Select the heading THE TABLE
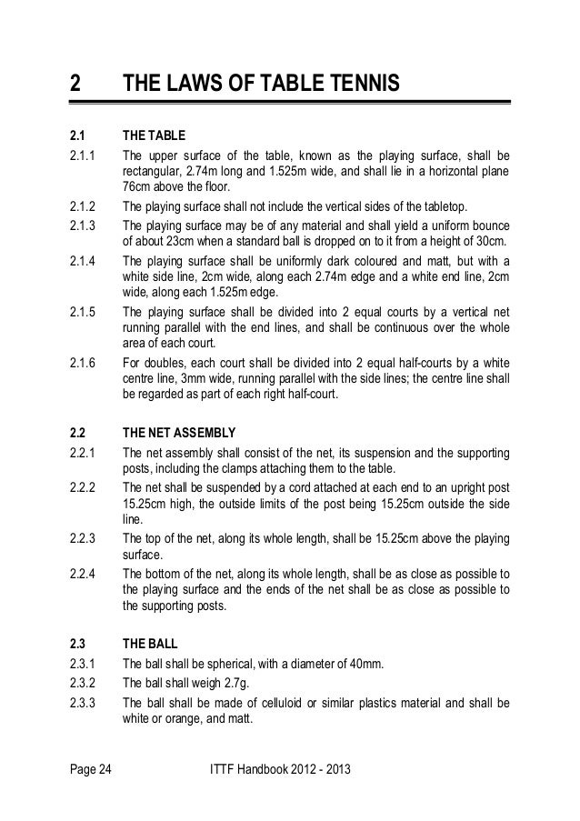coord(154,136)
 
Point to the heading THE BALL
coord(149,642)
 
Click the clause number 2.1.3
coord(82,224)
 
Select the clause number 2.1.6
coord(82,364)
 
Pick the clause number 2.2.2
coord(82,487)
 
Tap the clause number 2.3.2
coord(82,683)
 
